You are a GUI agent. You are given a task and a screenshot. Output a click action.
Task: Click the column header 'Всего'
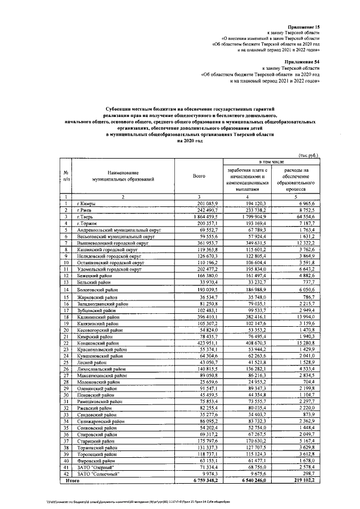tap(199, 177)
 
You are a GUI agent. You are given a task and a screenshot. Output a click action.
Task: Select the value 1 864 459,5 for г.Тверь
tap(197, 217)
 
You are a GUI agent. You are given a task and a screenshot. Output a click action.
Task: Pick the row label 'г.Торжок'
tap(88, 223)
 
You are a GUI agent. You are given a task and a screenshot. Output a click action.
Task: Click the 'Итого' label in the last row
tap(72, 481)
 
